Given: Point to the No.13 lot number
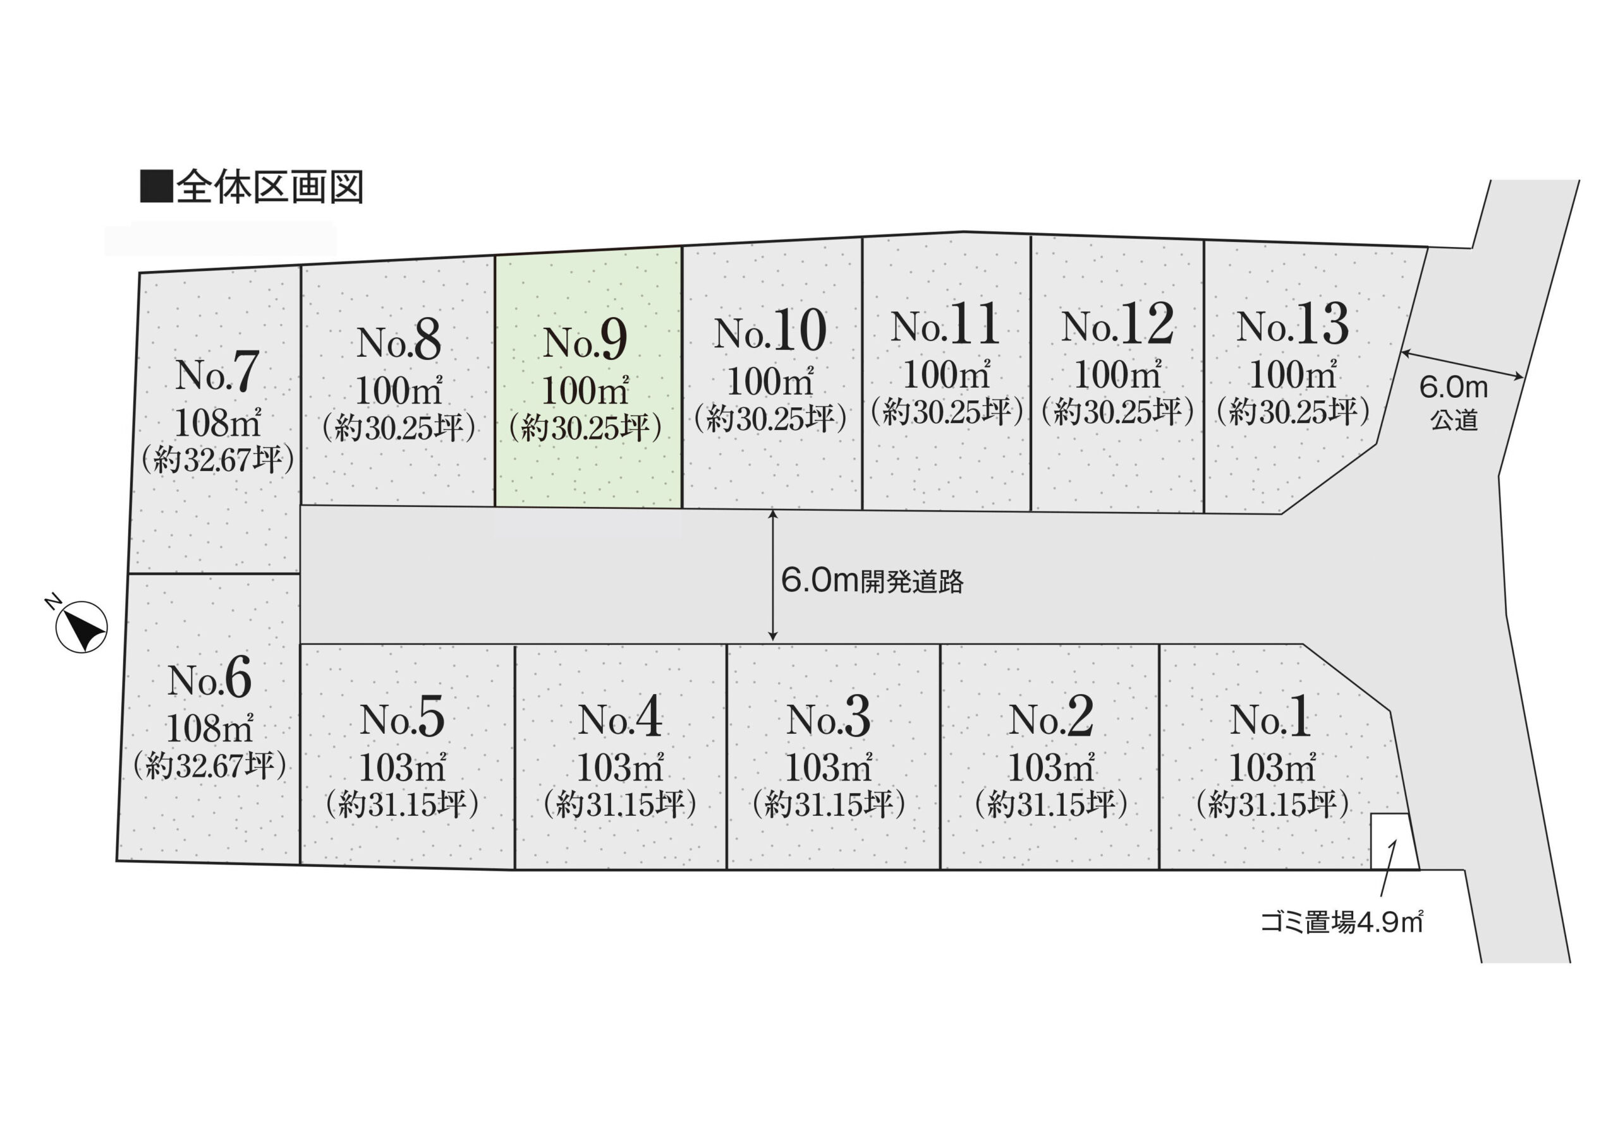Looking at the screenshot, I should (x=1293, y=325).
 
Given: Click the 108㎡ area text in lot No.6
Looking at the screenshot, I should (x=209, y=728).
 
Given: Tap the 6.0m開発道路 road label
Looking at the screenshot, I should (x=872, y=582).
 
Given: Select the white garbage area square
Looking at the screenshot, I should (x=1392, y=842).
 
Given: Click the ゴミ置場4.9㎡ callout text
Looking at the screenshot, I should (x=1342, y=922).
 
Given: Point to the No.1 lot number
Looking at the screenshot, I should (x=1270, y=719).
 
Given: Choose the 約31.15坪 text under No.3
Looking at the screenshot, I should (x=829, y=805).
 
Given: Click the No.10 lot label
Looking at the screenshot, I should (x=770, y=331).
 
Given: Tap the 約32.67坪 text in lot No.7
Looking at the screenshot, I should (x=217, y=460).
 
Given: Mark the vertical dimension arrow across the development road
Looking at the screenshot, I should (x=773, y=575).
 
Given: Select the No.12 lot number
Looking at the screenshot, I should (x=1117, y=325).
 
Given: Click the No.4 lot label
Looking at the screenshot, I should (x=620, y=719).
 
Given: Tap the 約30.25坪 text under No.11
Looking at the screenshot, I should (x=946, y=411).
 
